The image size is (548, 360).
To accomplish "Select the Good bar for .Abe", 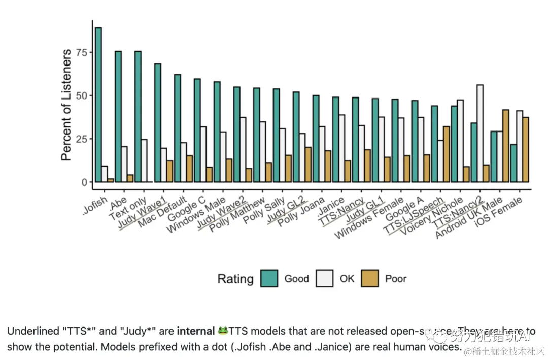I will click(118, 116).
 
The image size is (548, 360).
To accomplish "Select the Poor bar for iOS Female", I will click(525, 149).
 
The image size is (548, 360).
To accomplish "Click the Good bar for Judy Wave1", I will click(158, 122).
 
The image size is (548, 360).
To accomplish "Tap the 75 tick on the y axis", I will click(81, 52).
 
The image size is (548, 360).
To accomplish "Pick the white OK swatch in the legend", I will click(325, 278).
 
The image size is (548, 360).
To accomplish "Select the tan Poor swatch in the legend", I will click(370, 278).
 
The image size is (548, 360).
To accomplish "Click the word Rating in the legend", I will click(235, 279).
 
